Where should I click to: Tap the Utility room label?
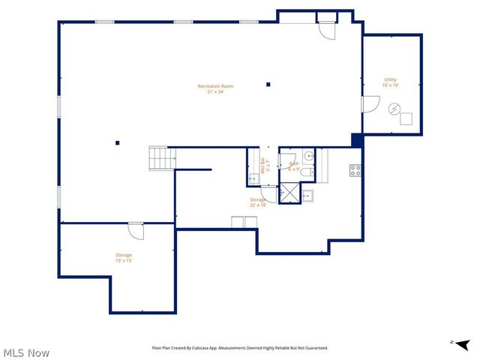(x=390, y=82)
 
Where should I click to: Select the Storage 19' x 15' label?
(x=124, y=258)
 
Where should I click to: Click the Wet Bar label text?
(x=265, y=165)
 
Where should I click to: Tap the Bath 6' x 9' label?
(x=293, y=166)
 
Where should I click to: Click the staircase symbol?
(x=161, y=158)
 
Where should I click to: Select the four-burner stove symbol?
(x=355, y=170)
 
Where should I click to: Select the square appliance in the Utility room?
(x=406, y=118)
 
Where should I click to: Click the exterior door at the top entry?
(x=327, y=31)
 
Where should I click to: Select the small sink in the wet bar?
(x=254, y=178)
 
